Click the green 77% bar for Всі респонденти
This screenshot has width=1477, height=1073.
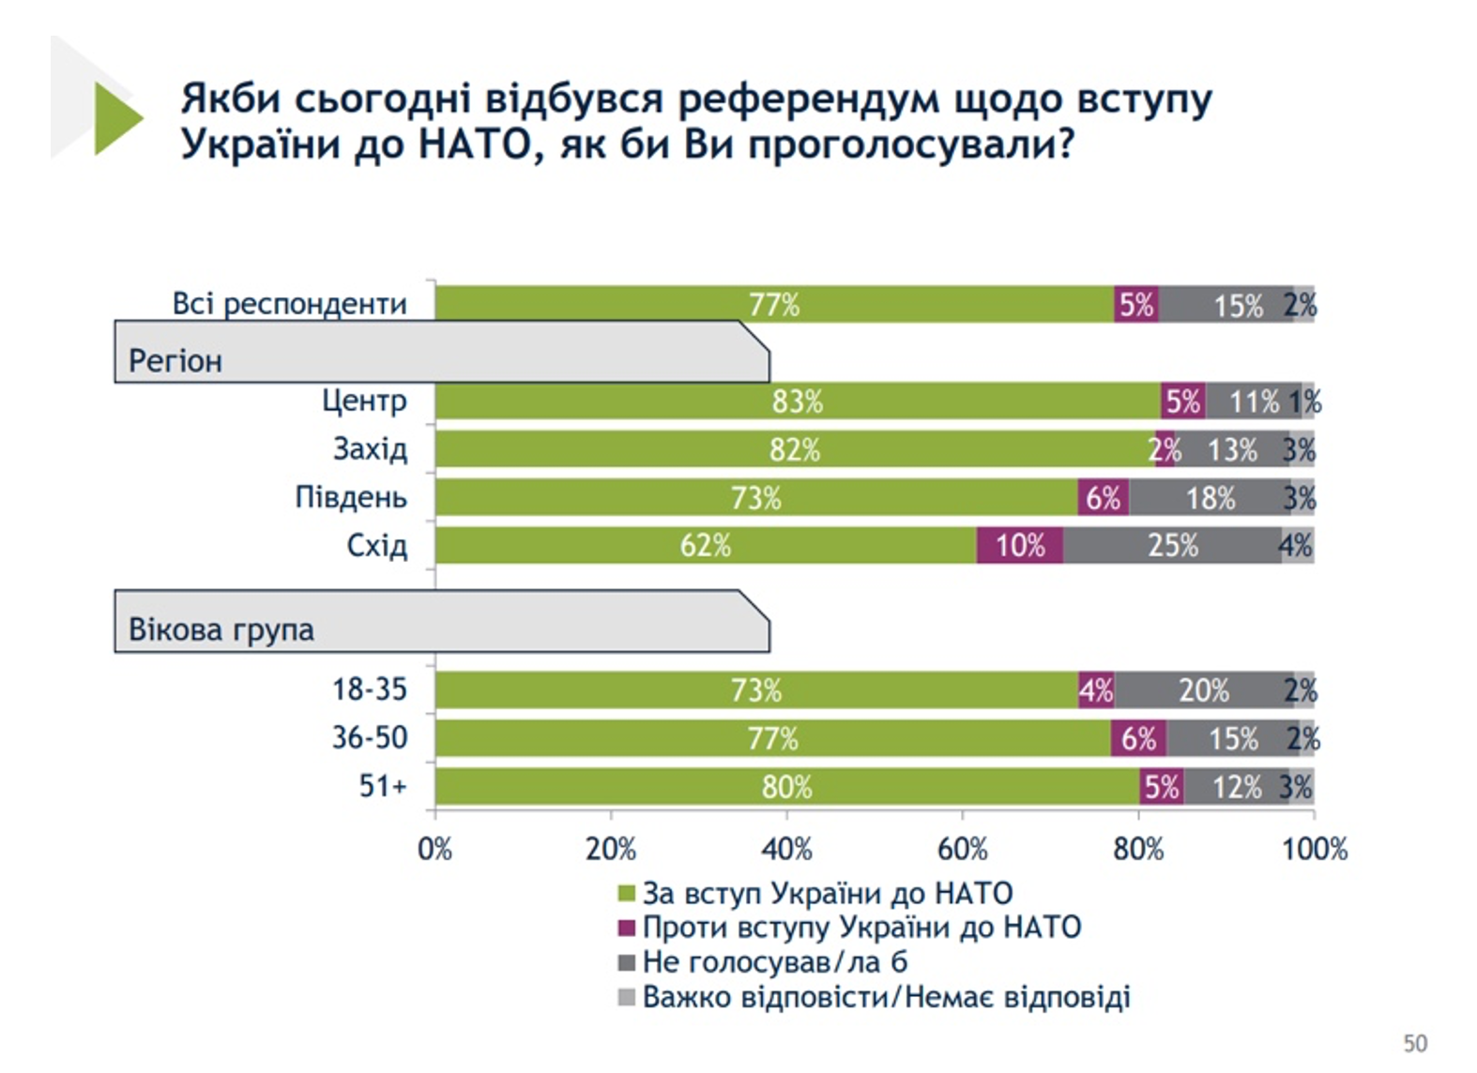pyautogui.click(x=774, y=305)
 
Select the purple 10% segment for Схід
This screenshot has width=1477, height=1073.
pyautogui.click(x=1020, y=545)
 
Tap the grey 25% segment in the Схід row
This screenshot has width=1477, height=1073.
pyautogui.click(x=1172, y=545)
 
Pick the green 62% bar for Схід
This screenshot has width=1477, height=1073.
pyautogui.click(x=706, y=545)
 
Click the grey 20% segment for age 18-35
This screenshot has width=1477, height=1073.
pyautogui.click(x=1204, y=690)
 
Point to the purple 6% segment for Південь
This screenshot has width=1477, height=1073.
pyautogui.click(x=1104, y=497)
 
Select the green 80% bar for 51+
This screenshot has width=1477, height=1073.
pyautogui.click(x=786, y=786)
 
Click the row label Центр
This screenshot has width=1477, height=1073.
pyautogui.click(x=364, y=401)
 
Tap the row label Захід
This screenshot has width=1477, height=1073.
pyautogui.click(x=370, y=449)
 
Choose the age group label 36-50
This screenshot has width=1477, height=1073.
pyautogui.click(x=370, y=738)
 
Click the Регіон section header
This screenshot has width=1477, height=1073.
pyautogui.click(x=175, y=361)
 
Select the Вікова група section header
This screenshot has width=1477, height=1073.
pyautogui.click(x=221, y=629)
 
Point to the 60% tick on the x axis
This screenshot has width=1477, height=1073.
pyautogui.click(x=963, y=850)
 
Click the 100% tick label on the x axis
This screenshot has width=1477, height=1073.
pyautogui.click(x=1314, y=850)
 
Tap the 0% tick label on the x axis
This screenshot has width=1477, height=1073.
pyautogui.click(x=434, y=850)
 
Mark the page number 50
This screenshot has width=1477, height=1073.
pyautogui.click(x=1415, y=1043)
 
